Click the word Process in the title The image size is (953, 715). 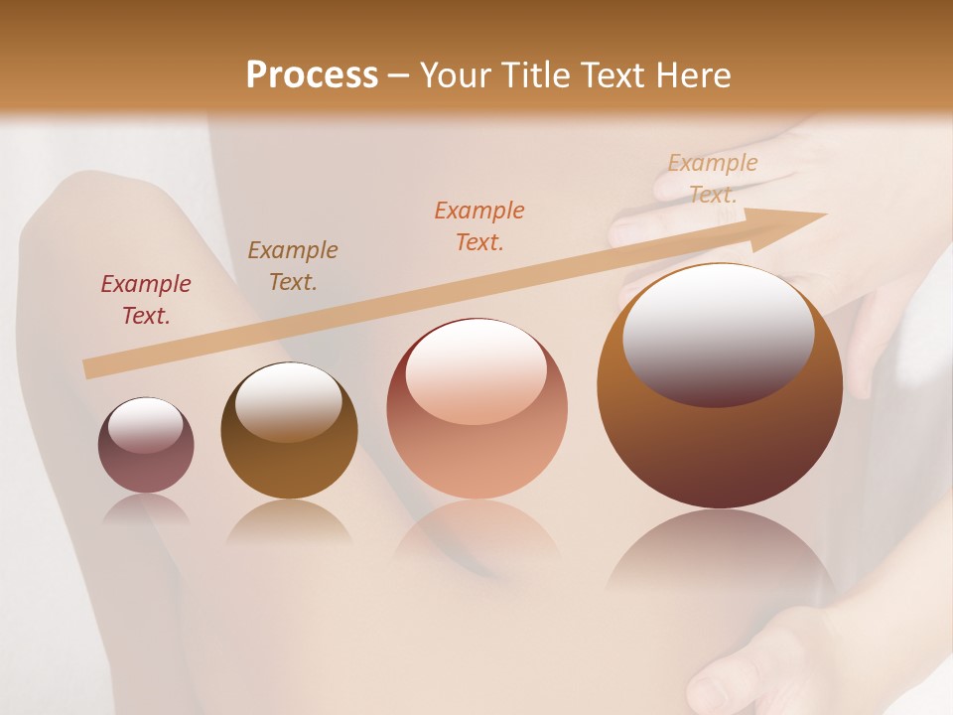pos(312,75)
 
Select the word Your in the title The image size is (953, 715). pos(455,75)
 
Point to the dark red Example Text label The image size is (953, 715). pos(146,300)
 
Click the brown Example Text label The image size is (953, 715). pos(293,266)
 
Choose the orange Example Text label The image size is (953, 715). pos(479,226)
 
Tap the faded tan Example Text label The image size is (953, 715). pos(713,179)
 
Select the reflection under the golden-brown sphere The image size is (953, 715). pos(289,523)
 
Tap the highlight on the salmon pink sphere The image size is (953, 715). pos(476,369)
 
